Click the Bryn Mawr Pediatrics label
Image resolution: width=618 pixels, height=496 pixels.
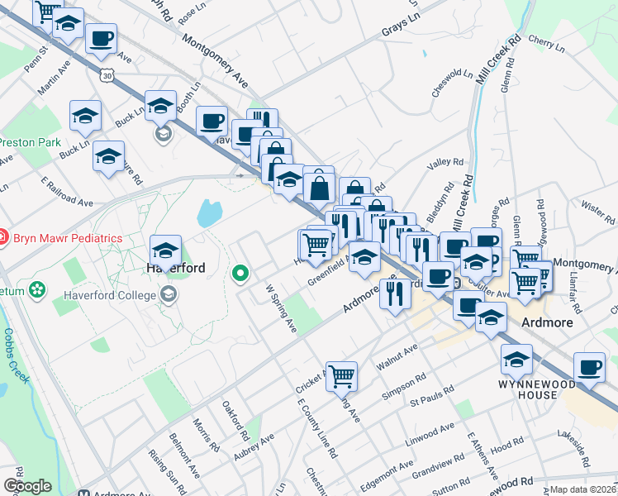[68, 238]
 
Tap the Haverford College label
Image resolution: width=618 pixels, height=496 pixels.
[110, 293]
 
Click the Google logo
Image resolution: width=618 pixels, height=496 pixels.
[26, 486]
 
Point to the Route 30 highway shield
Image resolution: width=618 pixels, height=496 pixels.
[106, 75]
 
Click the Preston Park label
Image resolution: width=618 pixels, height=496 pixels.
[31, 142]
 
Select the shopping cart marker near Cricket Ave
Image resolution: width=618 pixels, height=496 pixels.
[341, 375]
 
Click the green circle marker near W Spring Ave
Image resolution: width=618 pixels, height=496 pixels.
[241, 271]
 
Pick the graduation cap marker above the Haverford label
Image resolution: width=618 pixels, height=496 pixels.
[165, 249]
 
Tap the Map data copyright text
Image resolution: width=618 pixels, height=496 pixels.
[583, 489]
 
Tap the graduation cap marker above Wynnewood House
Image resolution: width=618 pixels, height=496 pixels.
[516, 360]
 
